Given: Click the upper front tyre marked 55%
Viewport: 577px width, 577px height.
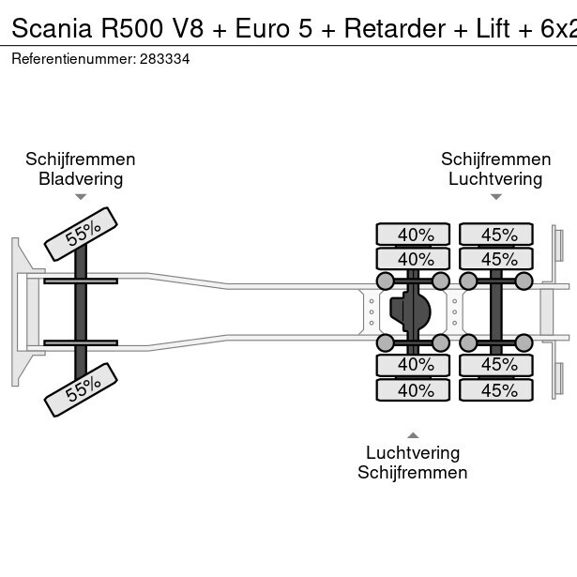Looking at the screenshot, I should click(81, 234).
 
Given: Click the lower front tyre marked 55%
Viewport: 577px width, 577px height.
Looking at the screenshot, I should click(81, 388).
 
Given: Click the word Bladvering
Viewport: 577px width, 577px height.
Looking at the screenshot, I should click(81, 178).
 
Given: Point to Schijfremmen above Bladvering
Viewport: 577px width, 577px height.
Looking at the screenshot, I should click(81, 159).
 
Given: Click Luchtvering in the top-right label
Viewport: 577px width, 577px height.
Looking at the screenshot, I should click(495, 178).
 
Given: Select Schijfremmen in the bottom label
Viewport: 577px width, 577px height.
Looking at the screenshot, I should click(413, 472).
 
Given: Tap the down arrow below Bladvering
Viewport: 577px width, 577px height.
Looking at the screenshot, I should click(81, 197).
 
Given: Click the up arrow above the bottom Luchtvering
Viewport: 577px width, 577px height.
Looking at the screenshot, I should click(413, 434).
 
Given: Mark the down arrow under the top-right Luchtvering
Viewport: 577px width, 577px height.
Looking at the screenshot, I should click(495, 197).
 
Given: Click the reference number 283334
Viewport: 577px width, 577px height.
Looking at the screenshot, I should click(165, 58).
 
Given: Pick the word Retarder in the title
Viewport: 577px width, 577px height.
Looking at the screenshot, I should click(394, 29).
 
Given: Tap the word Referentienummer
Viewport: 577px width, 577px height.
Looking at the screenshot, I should click(72, 58).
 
